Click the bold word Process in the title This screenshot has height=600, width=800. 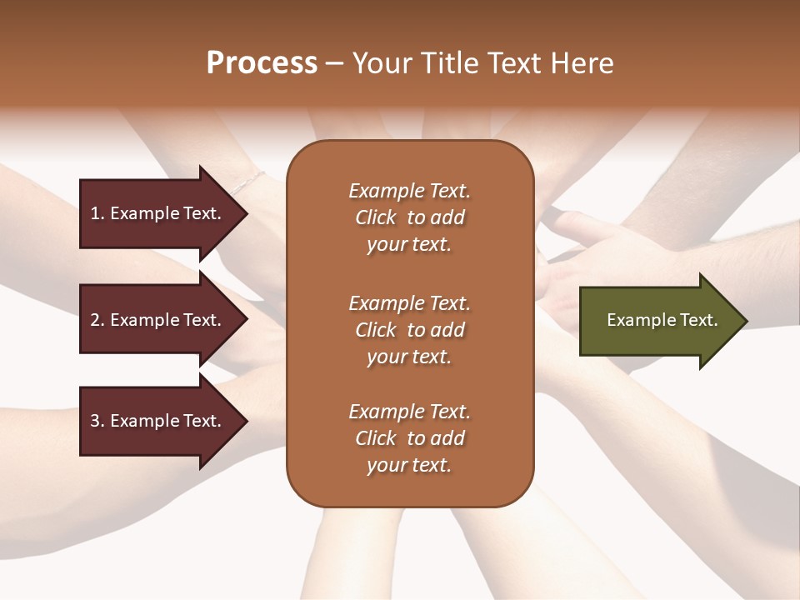click(262, 63)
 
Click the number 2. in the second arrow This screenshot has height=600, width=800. click(97, 320)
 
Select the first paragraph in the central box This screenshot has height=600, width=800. click(409, 217)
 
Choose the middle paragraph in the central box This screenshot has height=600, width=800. click(409, 330)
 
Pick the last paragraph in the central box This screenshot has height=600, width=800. click(409, 438)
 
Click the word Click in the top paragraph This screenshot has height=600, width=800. click(376, 217)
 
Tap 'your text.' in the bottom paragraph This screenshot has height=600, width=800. click(409, 465)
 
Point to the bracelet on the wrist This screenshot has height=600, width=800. click(247, 181)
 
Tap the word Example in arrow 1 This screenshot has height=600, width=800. click(144, 213)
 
